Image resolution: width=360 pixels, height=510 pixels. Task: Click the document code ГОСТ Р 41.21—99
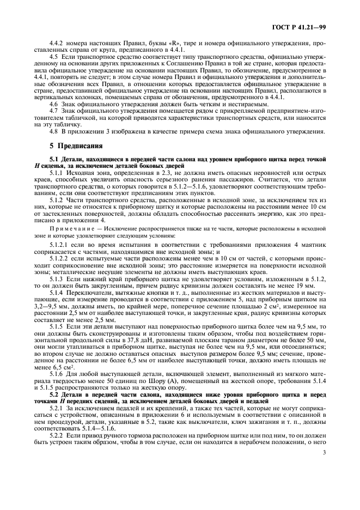[x=305, y=27]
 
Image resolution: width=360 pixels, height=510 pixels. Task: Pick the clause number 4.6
[x=54, y=104]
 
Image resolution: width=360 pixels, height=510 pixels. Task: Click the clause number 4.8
[x=54, y=131]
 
